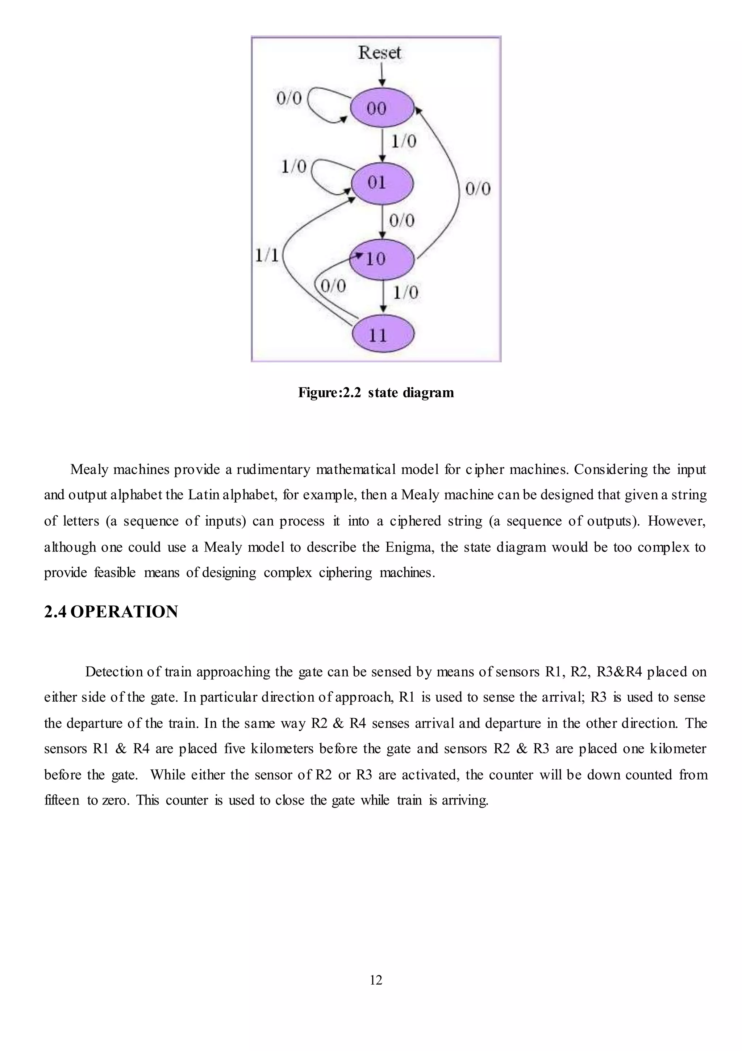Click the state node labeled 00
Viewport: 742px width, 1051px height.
382,108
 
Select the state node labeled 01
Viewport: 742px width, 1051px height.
382,183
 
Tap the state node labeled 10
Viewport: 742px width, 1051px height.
382,259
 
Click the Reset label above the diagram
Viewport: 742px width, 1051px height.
379,53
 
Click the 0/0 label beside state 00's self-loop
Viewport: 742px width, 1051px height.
289,97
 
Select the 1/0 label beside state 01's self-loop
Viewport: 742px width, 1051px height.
293,167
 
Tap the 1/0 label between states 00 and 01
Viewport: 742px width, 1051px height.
403,141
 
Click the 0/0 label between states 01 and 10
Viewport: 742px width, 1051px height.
401,221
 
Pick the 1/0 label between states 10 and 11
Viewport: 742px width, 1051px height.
405,292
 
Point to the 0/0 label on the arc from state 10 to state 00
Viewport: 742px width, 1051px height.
478,188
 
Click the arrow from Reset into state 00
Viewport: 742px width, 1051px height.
382,75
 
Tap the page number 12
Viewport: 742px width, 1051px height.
376,980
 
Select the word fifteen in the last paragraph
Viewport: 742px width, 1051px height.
62,800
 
